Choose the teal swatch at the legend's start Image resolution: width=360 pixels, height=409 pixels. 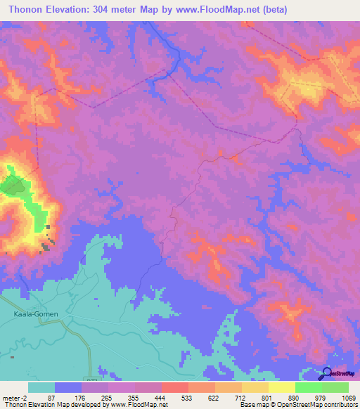[41, 387]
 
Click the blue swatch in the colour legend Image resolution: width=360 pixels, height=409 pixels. [68, 387]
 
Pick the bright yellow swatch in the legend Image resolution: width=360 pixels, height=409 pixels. [282, 387]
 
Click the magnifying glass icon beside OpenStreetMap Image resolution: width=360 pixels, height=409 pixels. [326, 373]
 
